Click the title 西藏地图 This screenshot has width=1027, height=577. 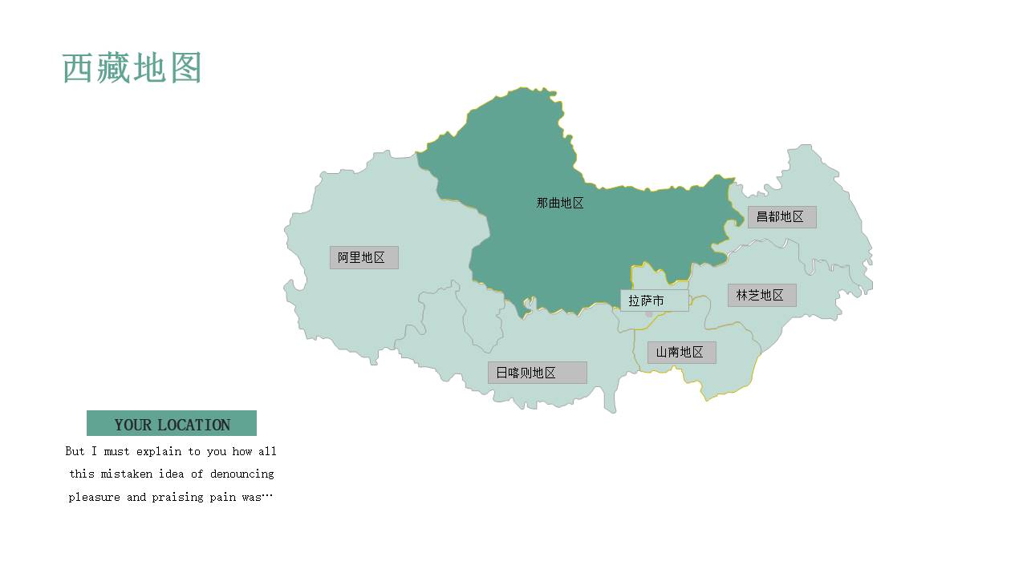click(x=132, y=69)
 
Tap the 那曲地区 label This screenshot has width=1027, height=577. click(x=560, y=204)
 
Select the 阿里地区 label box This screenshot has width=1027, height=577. click(x=363, y=257)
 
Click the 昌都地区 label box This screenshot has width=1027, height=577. click(x=781, y=217)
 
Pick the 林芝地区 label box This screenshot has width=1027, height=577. click(x=761, y=295)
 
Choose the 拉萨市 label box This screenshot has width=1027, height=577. click(x=653, y=301)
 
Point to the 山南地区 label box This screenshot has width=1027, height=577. click(x=681, y=353)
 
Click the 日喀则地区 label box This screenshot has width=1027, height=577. click(x=537, y=373)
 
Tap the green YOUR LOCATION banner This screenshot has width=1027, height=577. click(x=172, y=424)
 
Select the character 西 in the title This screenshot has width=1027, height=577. click(x=79, y=69)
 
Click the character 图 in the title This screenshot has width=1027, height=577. click(x=185, y=69)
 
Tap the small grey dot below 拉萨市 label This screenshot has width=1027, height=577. click(x=649, y=314)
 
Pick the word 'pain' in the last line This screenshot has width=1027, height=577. click(x=225, y=498)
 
